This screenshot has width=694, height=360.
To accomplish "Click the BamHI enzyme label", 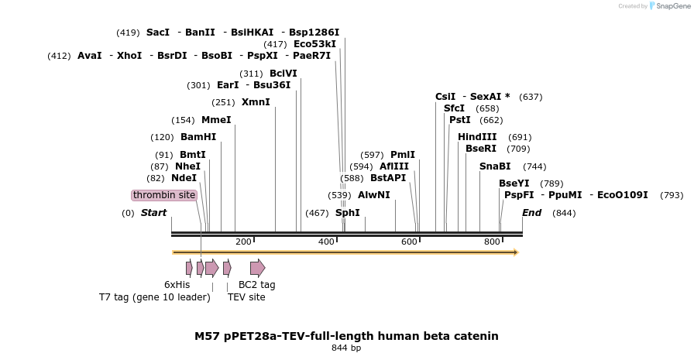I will (x=198, y=137).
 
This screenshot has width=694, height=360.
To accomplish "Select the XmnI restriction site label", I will (x=256, y=102).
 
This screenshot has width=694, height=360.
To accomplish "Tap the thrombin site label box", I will (x=164, y=195).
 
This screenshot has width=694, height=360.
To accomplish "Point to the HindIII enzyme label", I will (x=477, y=137).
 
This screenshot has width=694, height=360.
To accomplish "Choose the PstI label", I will (x=459, y=120).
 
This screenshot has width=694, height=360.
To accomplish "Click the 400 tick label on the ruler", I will (x=326, y=242).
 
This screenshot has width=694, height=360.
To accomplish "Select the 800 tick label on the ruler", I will (x=492, y=242).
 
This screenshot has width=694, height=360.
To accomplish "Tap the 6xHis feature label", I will (x=177, y=285).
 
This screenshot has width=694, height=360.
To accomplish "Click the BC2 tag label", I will (x=256, y=285).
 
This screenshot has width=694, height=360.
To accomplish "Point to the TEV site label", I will (x=246, y=297).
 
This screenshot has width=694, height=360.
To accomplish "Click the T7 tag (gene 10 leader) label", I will (x=155, y=297).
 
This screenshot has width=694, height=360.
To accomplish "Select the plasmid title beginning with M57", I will (x=346, y=336).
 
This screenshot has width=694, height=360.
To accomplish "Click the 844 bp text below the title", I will (x=346, y=348).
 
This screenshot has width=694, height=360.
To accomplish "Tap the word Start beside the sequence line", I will (x=153, y=213).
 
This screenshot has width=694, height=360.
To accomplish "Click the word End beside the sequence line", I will (x=531, y=213).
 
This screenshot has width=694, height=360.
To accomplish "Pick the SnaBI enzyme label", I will (x=495, y=166).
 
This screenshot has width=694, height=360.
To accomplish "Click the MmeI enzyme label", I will (x=216, y=120).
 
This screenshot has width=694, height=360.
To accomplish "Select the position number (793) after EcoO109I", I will (x=672, y=195).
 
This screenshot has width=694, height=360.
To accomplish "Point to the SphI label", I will (x=348, y=213).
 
